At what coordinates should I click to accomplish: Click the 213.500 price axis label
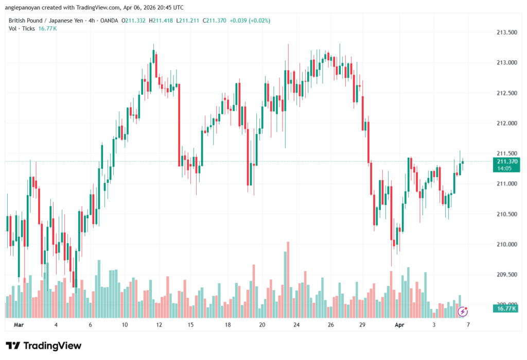click(x=506, y=32)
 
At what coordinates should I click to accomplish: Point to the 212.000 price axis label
click(x=506, y=123)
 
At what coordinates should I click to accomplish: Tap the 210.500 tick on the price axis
click(x=506, y=214)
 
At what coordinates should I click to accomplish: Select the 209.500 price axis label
click(x=506, y=275)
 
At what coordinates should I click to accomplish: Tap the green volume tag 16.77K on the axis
click(x=506, y=308)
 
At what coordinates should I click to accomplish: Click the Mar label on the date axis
click(x=19, y=325)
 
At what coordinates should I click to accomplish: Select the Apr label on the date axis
click(x=400, y=325)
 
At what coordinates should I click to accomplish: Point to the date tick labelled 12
click(x=159, y=325)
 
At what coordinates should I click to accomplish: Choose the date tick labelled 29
click(x=362, y=325)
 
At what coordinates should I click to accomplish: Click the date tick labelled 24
click(x=296, y=325)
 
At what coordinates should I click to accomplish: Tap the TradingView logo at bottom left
click(x=43, y=346)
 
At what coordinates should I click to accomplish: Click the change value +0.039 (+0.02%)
click(x=249, y=21)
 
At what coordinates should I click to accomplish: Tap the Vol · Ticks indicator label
click(x=22, y=28)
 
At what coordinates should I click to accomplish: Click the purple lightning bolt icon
click(x=463, y=312)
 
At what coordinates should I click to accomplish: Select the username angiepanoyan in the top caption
click(x=26, y=8)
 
